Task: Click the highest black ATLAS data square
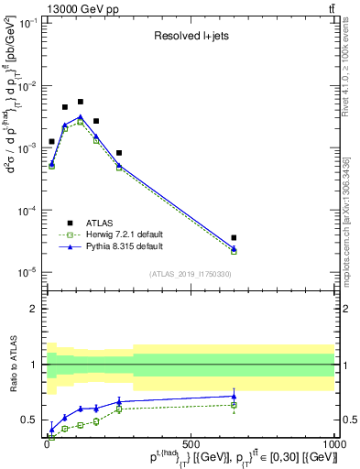pyautogui.click(x=81, y=102)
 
